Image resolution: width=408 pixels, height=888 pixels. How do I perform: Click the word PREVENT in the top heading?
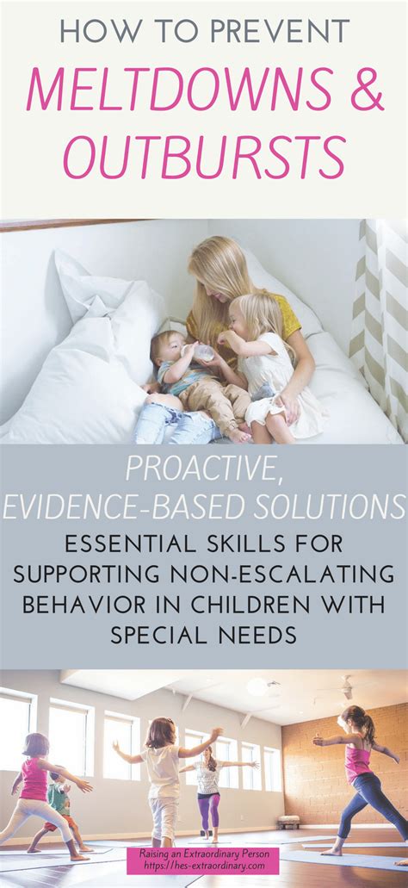pyautogui.click(x=277, y=33)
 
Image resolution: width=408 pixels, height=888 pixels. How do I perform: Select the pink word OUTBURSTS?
pyautogui.click(x=205, y=157)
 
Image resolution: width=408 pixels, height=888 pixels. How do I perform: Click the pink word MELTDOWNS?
pyautogui.click(x=178, y=90)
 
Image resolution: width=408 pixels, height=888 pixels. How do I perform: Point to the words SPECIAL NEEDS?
pyautogui.click(x=203, y=635)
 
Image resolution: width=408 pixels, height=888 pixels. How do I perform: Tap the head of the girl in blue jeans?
pyautogui.click(x=353, y=717)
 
